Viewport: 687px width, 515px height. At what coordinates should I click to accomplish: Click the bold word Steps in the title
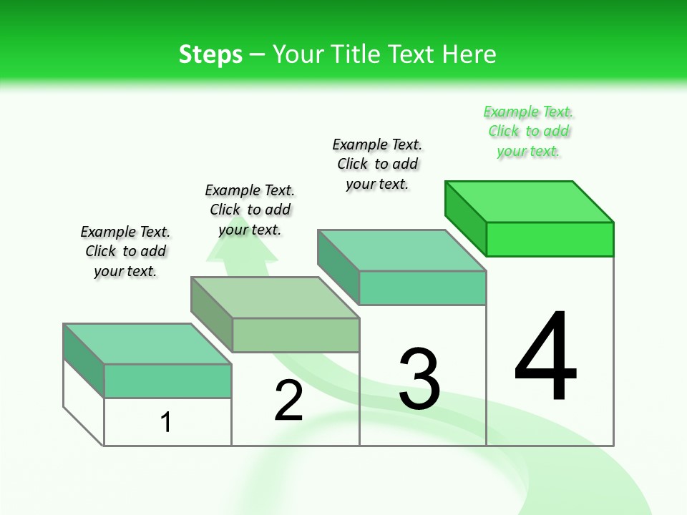(x=210, y=54)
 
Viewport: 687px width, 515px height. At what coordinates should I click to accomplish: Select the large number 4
(x=545, y=358)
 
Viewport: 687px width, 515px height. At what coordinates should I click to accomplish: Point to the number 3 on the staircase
(x=419, y=379)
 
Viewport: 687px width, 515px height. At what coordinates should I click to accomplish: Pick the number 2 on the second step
(x=288, y=401)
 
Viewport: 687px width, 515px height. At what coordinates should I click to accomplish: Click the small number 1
(x=166, y=423)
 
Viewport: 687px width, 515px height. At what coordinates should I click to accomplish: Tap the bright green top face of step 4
(x=530, y=202)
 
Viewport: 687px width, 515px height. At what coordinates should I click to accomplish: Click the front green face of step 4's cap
(x=550, y=239)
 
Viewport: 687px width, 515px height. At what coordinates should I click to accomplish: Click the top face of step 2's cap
(x=275, y=298)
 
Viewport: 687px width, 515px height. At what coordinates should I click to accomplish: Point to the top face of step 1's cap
(x=147, y=344)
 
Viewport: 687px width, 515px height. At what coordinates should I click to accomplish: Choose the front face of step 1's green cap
(x=167, y=381)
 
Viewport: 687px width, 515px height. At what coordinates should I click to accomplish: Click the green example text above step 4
(x=528, y=132)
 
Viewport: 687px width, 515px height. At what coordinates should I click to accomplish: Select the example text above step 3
(x=377, y=164)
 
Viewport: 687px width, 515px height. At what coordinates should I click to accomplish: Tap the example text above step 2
(x=250, y=210)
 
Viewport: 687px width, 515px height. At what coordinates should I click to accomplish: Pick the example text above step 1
(x=125, y=251)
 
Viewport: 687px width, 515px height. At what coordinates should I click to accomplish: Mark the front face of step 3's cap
(x=422, y=288)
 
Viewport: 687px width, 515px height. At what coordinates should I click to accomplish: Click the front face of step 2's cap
(x=296, y=335)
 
